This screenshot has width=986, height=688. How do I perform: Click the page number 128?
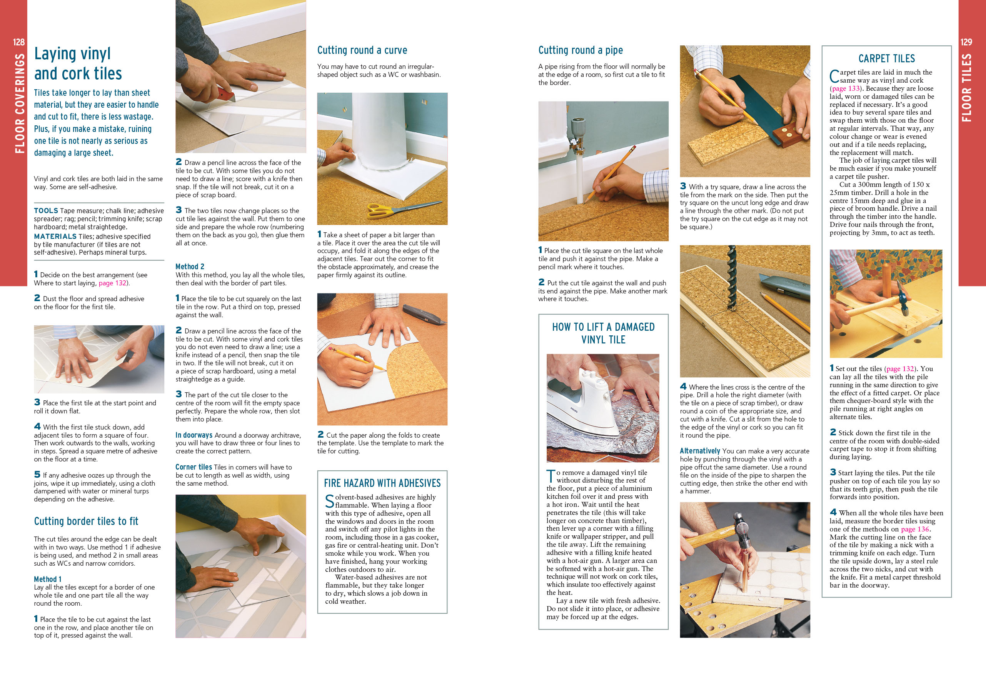18,42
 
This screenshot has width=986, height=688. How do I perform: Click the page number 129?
966,42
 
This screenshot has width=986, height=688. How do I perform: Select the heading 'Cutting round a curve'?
362,50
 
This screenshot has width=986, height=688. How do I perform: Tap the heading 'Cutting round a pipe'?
581,50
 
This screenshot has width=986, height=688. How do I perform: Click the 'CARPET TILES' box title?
886,58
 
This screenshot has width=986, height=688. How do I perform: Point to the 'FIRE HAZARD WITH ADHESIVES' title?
382,483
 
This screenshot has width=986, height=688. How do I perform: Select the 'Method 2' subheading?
190,267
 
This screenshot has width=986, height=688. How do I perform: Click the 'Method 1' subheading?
48,579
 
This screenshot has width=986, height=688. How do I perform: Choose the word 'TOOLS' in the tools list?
46,211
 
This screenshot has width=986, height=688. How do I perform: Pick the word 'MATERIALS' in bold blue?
55,237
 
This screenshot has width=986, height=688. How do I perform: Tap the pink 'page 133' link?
846,88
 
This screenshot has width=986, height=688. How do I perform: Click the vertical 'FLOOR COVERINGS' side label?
20,103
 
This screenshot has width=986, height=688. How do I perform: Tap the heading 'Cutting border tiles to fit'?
86,521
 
